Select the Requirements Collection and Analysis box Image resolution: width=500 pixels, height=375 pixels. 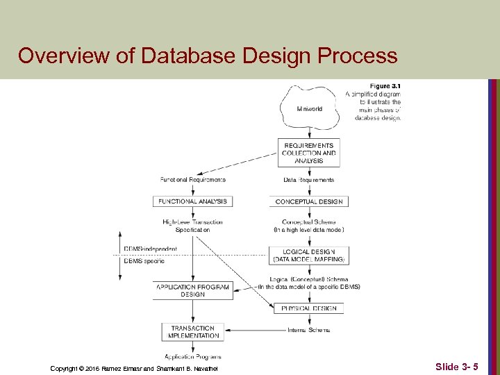(x=309, y=153)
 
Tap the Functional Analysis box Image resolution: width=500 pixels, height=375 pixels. (x=192, y=201)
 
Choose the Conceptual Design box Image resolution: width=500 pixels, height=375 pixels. (x=309, y=201)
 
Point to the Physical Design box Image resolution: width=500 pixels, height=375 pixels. (x=309, y=308)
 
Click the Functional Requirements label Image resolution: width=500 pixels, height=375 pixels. (x=192, y=180)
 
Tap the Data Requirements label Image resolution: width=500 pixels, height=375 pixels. (x=309, y=180)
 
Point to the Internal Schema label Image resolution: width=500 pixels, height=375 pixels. (x=309, y=330)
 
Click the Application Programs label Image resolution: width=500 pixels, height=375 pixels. (x=194, y=356)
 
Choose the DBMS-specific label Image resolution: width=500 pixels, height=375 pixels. (x=144, y=261)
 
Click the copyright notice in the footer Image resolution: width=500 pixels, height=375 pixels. (x=134, y=367)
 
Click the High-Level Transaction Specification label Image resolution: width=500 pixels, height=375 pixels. (x=192, y=226)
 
